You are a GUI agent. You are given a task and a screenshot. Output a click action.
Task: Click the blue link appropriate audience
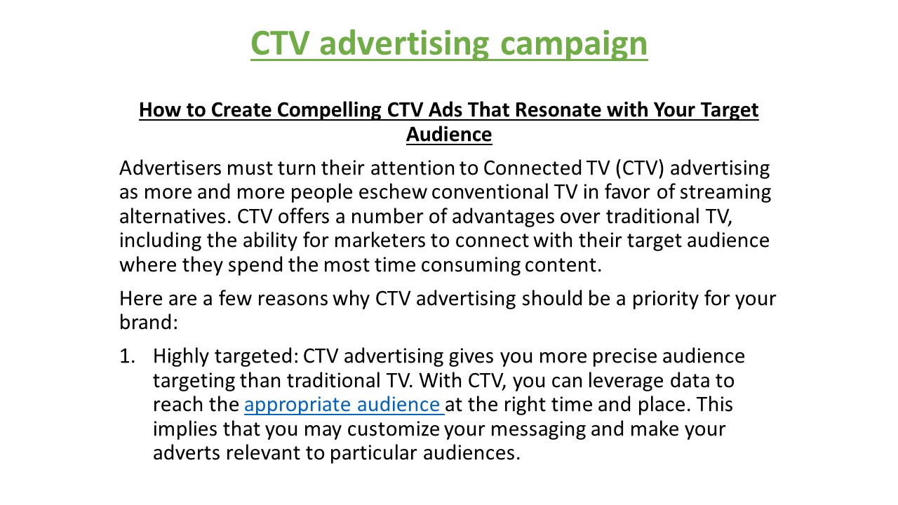click(344, 405)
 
